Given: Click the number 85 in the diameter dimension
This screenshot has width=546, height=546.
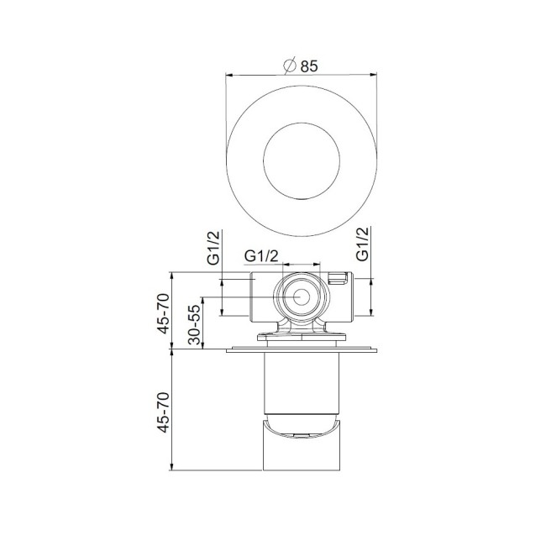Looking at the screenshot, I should click(x=307, y=66).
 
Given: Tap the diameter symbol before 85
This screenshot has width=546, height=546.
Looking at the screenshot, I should click(x=289, y=66).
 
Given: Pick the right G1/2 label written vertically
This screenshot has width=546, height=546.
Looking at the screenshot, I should click(x=364, y=244).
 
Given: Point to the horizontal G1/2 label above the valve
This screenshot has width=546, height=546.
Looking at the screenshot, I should click(x=261, y=255).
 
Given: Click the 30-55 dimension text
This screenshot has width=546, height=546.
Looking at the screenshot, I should click(x=193, y=322).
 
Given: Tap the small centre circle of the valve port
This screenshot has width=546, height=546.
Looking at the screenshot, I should click(x=299, y=297).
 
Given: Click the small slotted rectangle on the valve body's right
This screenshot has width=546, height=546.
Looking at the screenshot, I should click(x=339, y=279).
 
